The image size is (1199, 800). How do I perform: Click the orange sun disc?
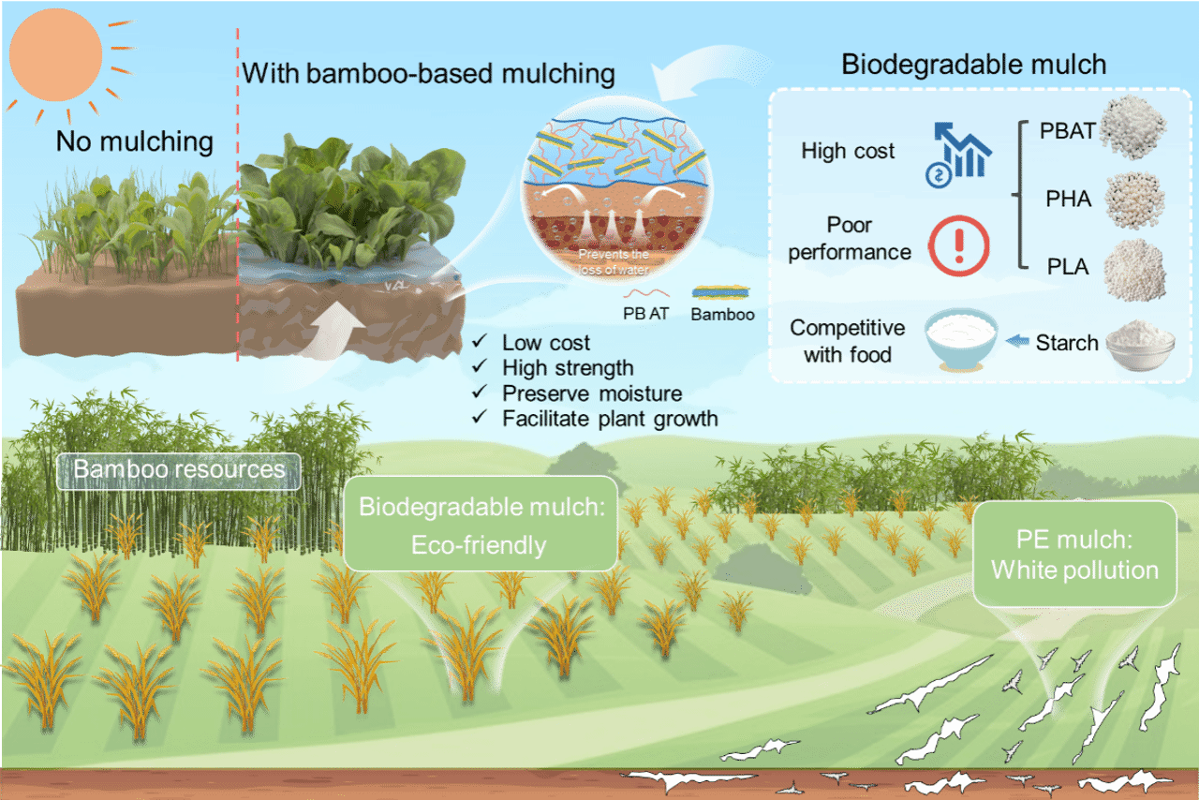coord(55,55)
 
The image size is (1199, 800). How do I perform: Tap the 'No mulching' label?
coord(134,141)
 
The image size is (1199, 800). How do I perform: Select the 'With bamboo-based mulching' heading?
coord(428,74)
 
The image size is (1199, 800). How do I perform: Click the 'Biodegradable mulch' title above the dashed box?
coord(973,65)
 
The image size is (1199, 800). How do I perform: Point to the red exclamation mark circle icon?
coord(958,246)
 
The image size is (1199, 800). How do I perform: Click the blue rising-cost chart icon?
coord(958,155)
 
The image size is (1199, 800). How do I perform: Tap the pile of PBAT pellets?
coord(1133,126)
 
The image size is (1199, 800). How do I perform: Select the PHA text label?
coord(1069,199)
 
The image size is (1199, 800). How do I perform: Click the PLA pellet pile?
coord(1134,270)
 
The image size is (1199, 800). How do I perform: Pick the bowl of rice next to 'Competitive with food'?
coord(961,340)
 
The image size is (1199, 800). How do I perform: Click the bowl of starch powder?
coord(1140,346)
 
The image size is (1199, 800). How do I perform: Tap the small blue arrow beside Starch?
coord(1017,341)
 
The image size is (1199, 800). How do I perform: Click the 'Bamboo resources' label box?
coord(179,471)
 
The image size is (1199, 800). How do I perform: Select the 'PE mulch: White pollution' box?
coord(1074,554)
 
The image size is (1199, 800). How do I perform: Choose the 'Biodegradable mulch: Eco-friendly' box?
coord(481,524)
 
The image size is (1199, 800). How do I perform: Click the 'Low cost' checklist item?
coord(532,343)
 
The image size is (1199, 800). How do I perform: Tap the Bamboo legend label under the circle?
coord(722,315)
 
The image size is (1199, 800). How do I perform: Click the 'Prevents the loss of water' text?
coord(614,262)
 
